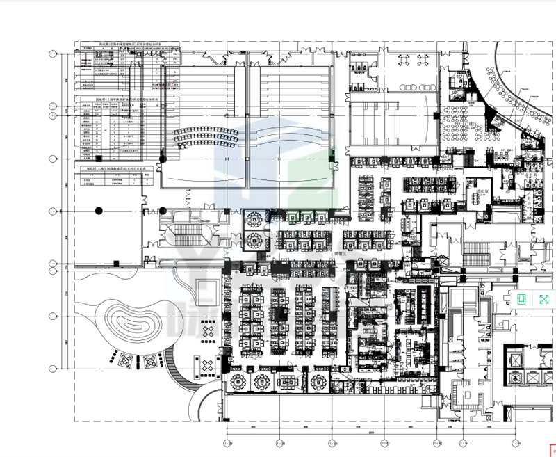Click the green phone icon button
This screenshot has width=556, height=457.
point(522,299)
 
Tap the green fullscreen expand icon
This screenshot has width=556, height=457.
point(544,299)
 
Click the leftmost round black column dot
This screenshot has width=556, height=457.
point(99,209)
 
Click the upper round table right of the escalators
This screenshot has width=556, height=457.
point(254,219)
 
